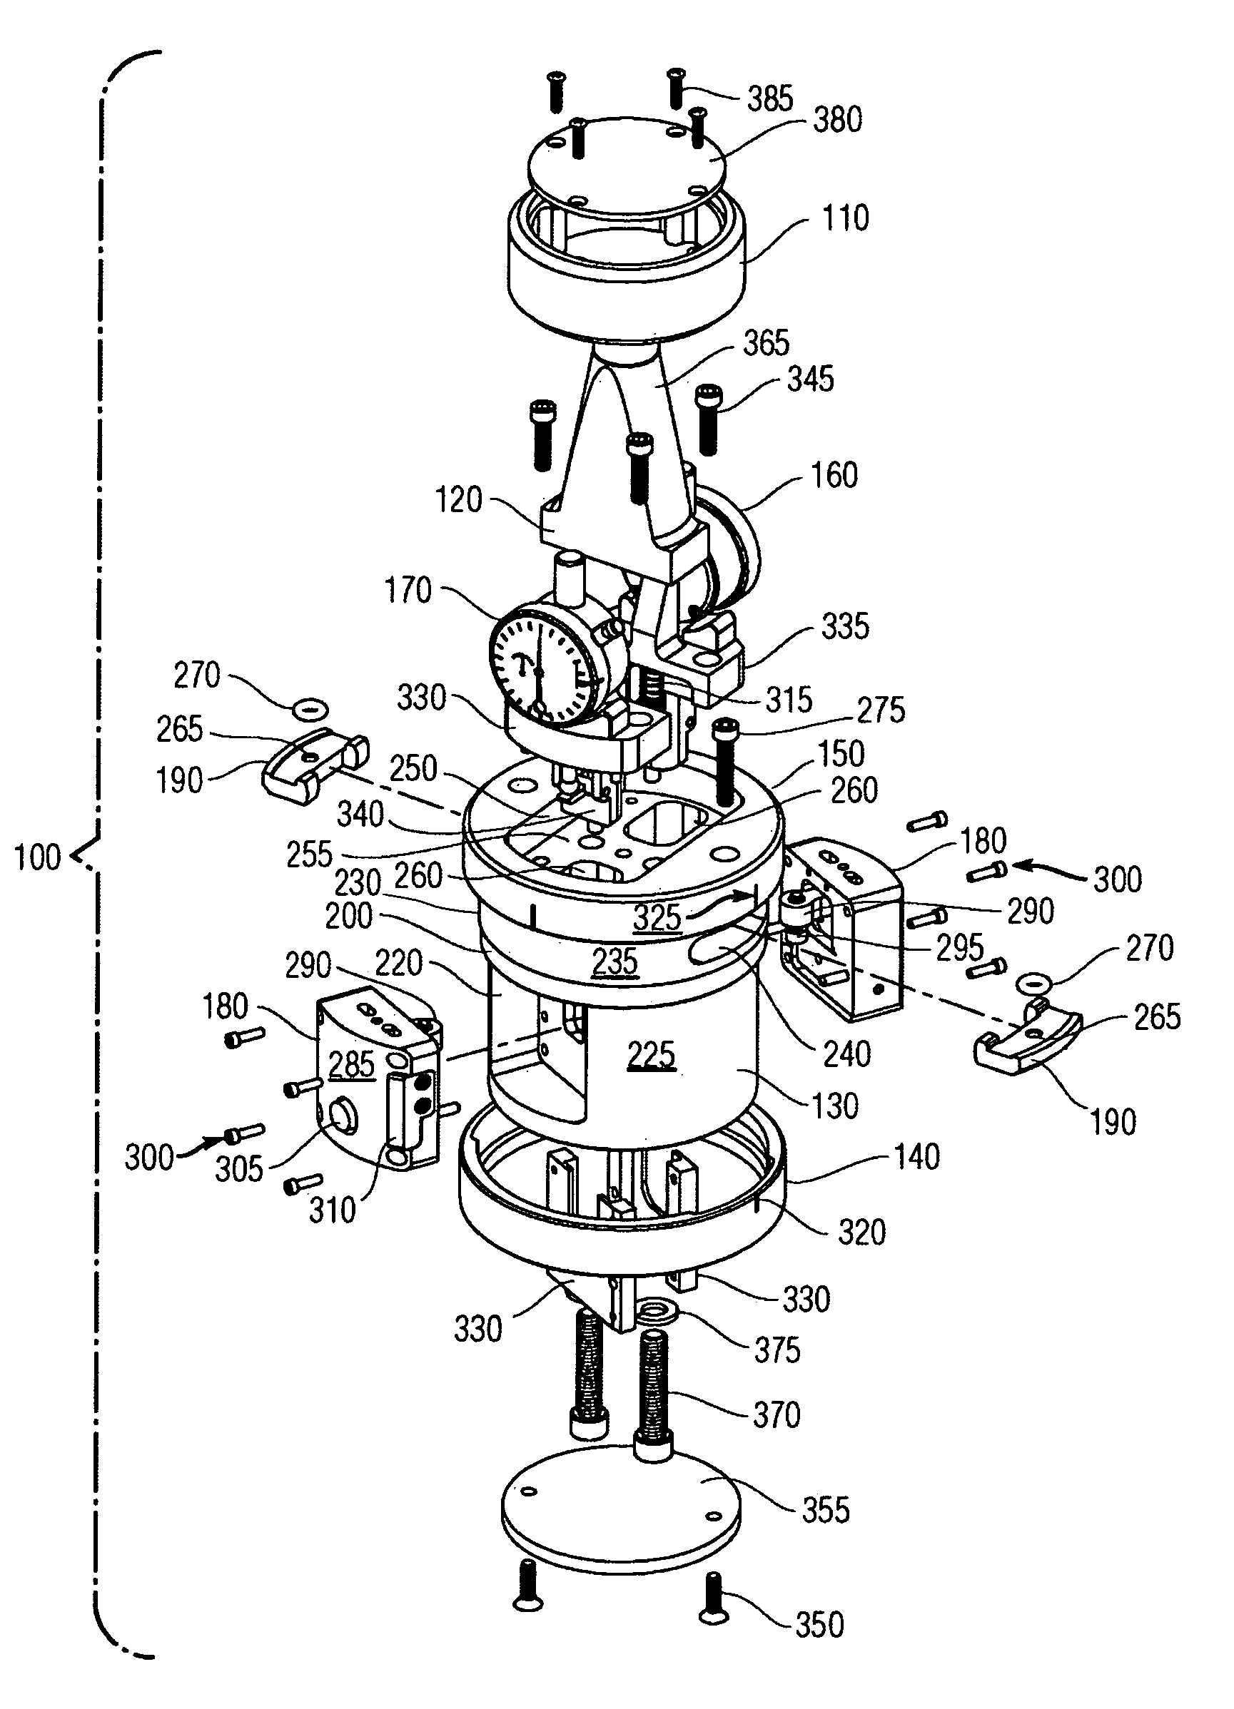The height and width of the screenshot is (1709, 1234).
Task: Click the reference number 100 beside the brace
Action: [38, 857]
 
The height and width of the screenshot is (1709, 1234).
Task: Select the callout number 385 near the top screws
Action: [770, 98]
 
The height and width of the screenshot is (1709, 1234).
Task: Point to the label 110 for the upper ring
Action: [846, 218]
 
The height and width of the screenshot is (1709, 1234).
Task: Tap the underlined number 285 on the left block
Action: [351, 1065]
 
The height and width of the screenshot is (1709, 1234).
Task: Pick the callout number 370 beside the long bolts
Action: [777, 1414]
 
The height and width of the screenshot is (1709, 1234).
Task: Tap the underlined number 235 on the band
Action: [615, 962]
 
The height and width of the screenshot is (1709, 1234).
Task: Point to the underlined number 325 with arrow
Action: [657, 917]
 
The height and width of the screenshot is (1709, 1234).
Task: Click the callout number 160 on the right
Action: [834, 475]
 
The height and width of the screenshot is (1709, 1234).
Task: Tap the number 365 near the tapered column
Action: [766, 343]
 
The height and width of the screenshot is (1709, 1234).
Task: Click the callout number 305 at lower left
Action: [239, 1169]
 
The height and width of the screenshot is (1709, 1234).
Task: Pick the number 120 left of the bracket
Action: [459, 499]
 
